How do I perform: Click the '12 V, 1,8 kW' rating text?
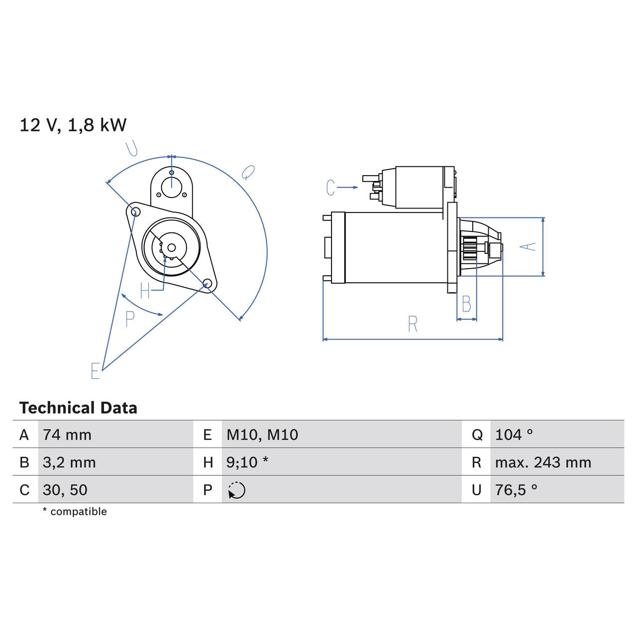click(73, 125)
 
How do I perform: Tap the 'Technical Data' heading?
click(78, 408)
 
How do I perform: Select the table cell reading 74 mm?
click(67, 434)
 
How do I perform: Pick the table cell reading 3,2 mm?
click(69, 462)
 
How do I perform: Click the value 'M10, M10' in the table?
click(262, 434)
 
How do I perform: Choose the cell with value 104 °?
click(514, 434)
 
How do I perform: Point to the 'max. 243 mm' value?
click(543, 462)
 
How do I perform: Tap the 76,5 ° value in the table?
click(516, 490)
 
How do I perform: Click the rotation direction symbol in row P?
click(237, 490)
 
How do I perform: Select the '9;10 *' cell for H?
click(247, 462)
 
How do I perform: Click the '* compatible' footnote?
click(75, 512)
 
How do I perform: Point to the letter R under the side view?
click(413, 324)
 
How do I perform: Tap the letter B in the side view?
click(466, 304)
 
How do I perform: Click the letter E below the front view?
click(96, 371)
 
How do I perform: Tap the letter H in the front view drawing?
click(145, 291)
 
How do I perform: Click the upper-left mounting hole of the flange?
click(134, 212)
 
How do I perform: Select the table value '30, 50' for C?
click(65, 490)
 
